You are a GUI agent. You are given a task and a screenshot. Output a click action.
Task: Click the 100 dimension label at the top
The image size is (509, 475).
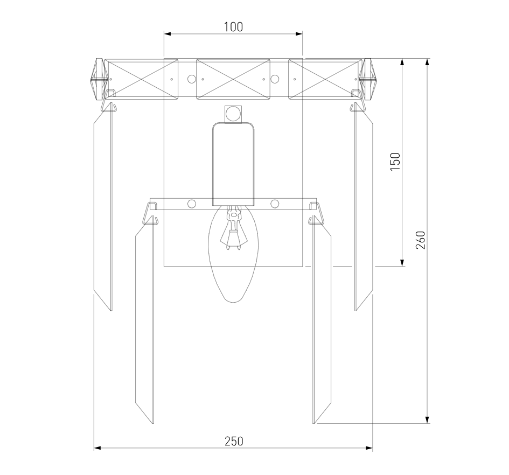(x=233, y=26)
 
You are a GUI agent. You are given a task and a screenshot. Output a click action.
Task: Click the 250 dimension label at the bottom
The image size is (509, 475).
(x=234, y=441)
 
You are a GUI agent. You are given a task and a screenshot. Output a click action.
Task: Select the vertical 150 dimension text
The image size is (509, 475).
(x=395, y=162)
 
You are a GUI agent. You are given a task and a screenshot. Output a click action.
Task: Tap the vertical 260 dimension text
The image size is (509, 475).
(x=420, y=240)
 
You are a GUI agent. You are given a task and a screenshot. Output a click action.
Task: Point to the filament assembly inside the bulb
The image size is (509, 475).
(x=233, y=228)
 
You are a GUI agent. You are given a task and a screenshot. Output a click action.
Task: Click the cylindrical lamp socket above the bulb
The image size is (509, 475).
(x=233, y=164)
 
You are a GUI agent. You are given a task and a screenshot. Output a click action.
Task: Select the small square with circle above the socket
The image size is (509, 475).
(x=233, y=114)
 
